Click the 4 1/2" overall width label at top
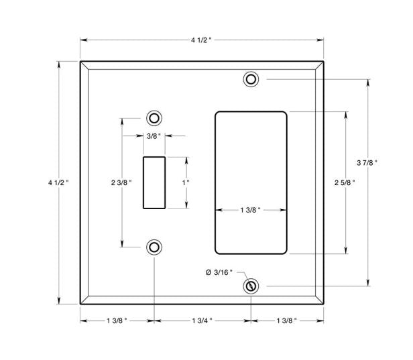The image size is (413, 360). (202, 40)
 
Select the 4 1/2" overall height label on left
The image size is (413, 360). (58, 182)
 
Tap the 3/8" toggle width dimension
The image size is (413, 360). (154, 136)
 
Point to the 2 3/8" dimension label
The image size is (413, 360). (121, 182)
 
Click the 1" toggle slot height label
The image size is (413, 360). (186, 182)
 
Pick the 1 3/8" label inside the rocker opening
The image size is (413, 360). (250, 211)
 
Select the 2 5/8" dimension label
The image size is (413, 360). (346, 182)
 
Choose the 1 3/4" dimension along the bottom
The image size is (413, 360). (202, 320)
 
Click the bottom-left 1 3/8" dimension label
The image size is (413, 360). (117, 320)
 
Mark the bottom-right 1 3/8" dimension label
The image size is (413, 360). (286, 320)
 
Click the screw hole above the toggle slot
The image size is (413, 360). (154, 119)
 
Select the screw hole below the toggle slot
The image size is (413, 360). (154, 247)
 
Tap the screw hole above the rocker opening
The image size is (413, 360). (251, 79)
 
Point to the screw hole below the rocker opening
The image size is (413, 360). (251, 286)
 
